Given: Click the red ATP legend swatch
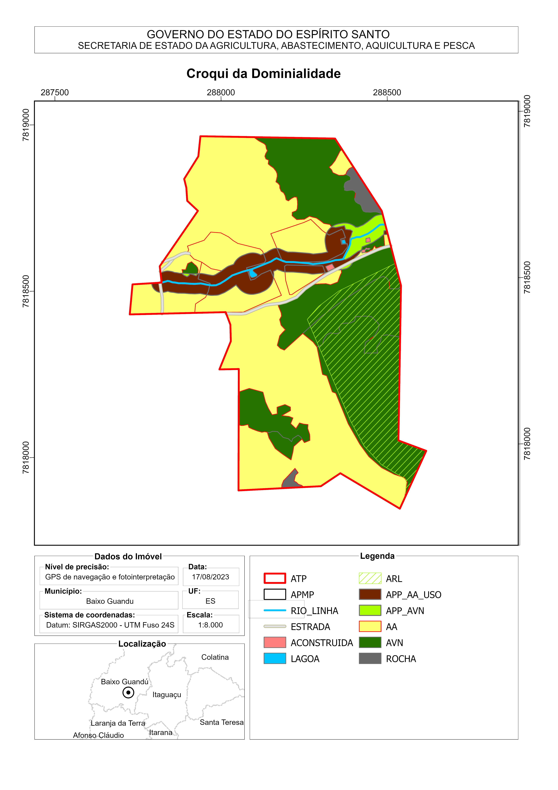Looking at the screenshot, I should click(x=275, y=578).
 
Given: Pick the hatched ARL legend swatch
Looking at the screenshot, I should click(x=370, y=578).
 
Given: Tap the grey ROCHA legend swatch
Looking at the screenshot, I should click(x=370, y=659).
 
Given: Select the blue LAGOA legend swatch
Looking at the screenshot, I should click(x=275, y=659).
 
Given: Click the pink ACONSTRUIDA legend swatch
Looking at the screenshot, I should click(x=275, y=642).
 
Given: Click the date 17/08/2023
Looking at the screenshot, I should click(x=210, y=577).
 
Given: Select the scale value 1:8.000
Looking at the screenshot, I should click(x=210, y=625).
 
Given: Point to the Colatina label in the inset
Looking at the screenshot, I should click(x=215, y=657).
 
